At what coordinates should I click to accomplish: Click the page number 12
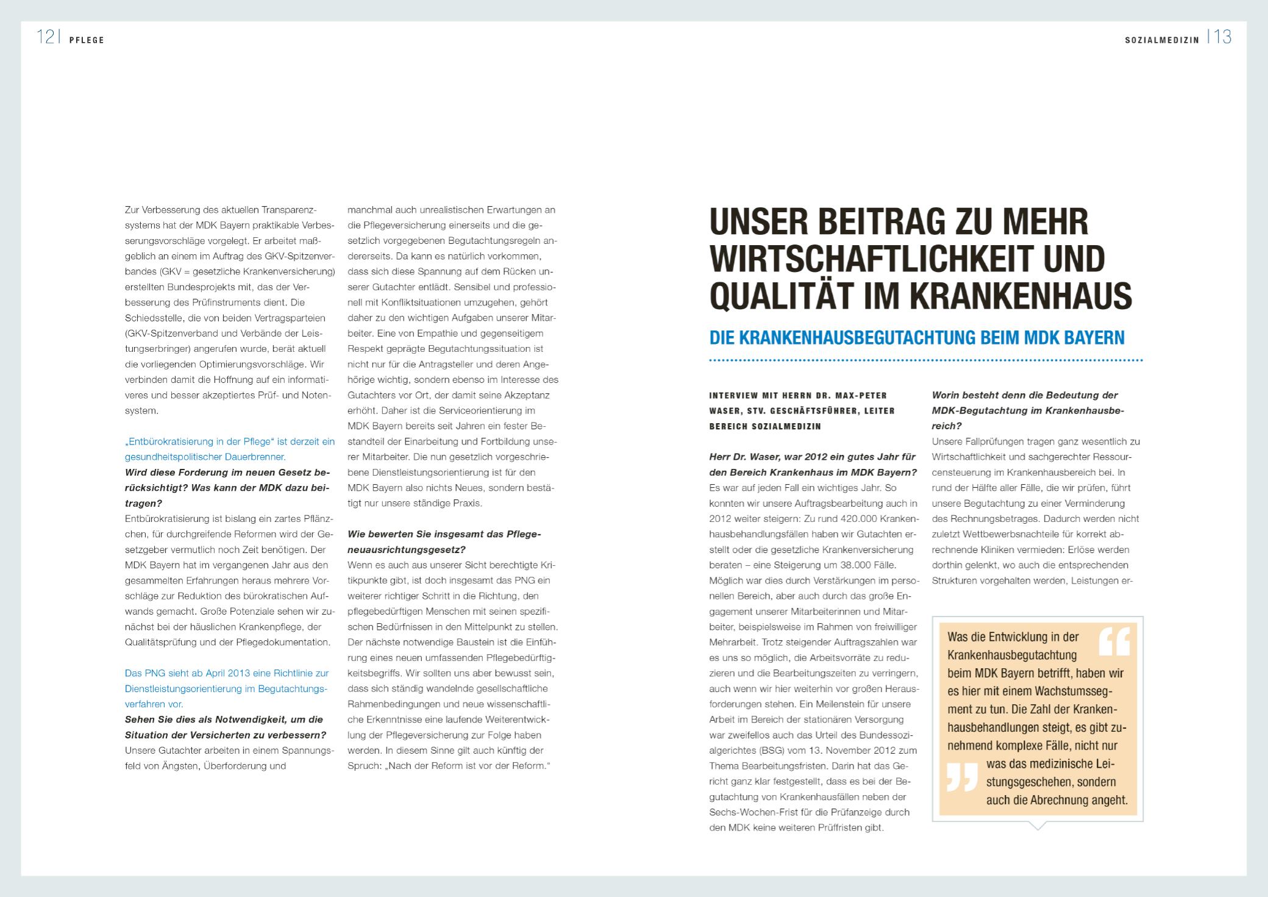pyautogui.click(x=46, y=38)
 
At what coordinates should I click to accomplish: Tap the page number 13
pyautogui.click(x=1222, y=38)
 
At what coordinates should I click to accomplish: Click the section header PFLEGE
pyautogui.click(x=87, y=40)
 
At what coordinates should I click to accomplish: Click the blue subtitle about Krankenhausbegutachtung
pyautogui.click(x=917, y=338)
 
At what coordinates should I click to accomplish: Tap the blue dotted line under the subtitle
pyautogui.click(x=925, y=361)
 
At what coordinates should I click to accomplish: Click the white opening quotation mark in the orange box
pyautogui.click(x=1114, y=641)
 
